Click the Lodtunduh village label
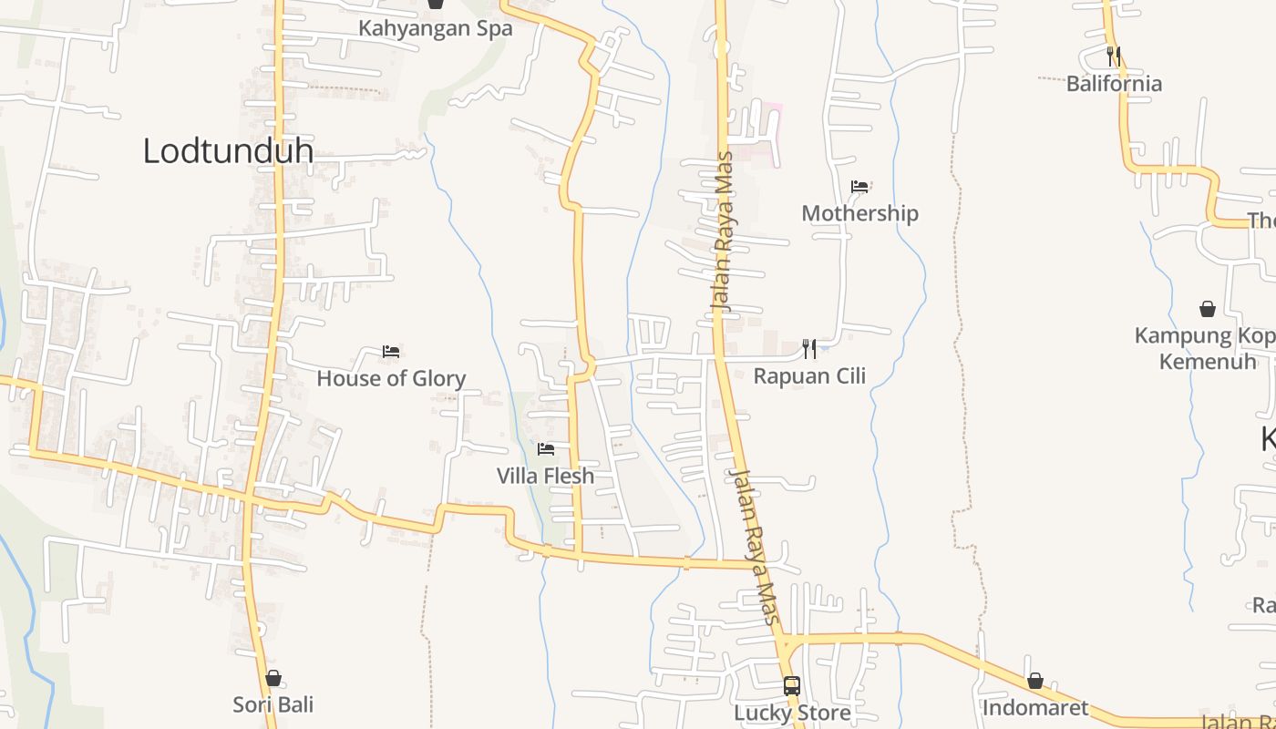click(x=228, y=151)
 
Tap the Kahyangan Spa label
click(x=435, y=28)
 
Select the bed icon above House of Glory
click(x=391, y=352)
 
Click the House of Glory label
click(x=391, y=378)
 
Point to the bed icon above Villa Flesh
click(x=546, y=449)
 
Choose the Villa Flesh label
click(x=545, y=476)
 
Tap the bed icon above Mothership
click(x=859, y=187)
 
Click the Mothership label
click(x=859, y=213)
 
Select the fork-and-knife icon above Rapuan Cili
click(x=808, y=348)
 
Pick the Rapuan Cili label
click(x=809, y=375)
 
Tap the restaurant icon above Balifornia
click(x=1113, y=56)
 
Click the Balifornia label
click(x=1114, y=84)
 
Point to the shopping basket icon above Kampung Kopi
click(x=1208, y=309)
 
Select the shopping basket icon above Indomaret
click(x=1034, y=681)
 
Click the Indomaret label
click(x=1034, y=707)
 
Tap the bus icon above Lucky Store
click(x=792, y=685)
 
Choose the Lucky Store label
click(x=792, y=712)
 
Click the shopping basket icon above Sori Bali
click(x=273, y=678)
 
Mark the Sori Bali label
click(x=273, y=704)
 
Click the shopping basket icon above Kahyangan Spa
click(x=436, y=4)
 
